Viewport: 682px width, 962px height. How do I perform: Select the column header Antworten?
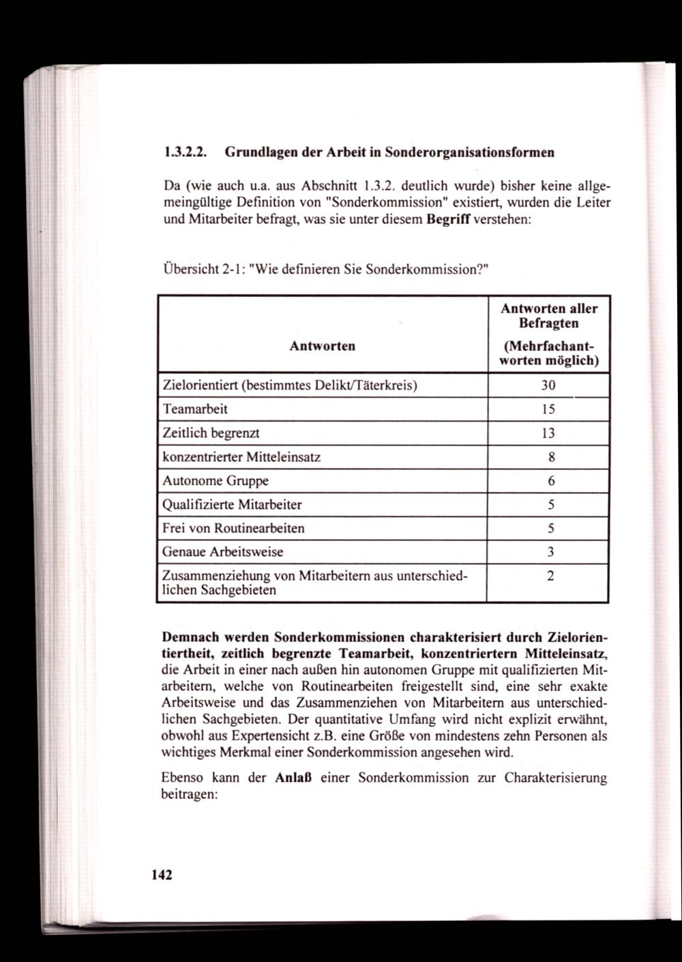[x=322, y=346]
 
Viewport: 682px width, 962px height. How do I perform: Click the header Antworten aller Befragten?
[x=548, y=315]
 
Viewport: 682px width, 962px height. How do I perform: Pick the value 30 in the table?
[x=548, y=385]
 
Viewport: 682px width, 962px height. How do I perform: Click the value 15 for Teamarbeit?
[x=548, y=409]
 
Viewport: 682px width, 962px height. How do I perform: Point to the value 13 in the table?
[x=548, y=433]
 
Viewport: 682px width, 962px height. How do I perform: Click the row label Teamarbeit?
[x=195, y=409]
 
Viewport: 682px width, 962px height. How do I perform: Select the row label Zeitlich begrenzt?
[x=211, y=433]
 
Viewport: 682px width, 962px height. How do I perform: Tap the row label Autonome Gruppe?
[x=216, y=481]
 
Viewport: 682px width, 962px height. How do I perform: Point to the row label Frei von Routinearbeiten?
[x=233, y=528]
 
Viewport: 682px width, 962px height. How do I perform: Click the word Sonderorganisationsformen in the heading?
[x=469, y=153]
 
